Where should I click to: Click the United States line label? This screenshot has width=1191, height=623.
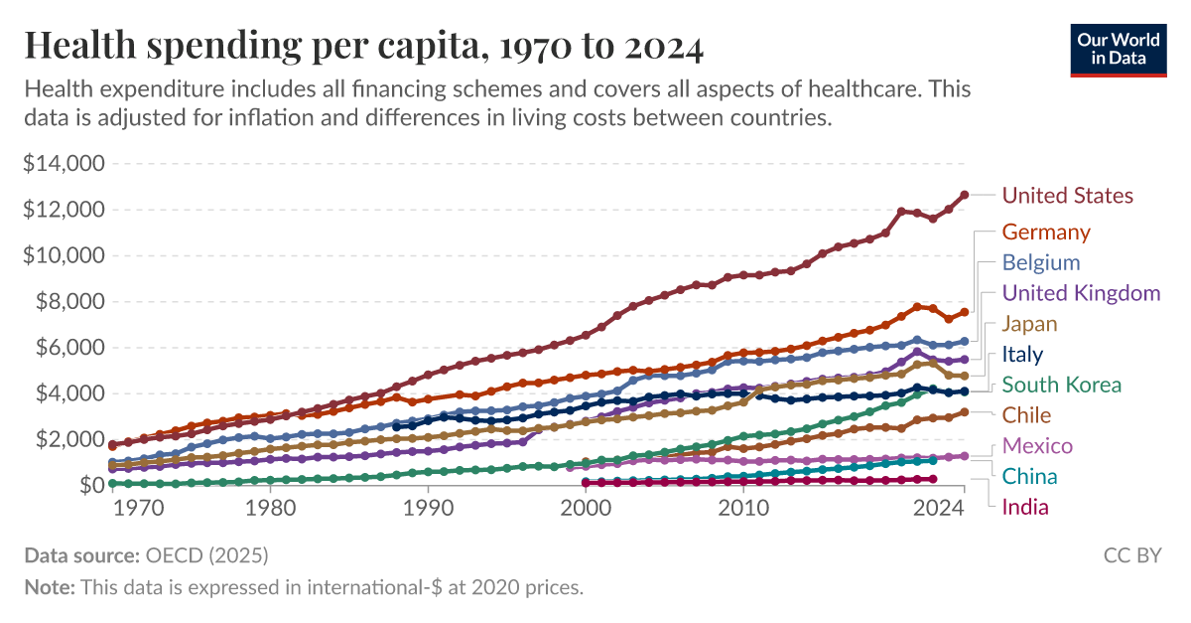(x=1067, y=195)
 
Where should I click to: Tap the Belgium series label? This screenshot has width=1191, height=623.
(x=1041, y=262)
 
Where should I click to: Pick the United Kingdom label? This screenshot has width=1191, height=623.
(x=1081, y=293)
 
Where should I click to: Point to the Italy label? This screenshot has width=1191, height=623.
(x=1022, y=354)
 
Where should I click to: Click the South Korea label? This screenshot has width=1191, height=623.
(x=1062, y=385)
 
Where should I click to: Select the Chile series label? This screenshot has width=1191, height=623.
(x=1026, y=414)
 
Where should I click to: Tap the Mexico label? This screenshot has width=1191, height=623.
(x=1037, y=445)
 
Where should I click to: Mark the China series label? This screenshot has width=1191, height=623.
(x=1029, y=476)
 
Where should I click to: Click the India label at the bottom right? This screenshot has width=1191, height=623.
(x=1025, y=507)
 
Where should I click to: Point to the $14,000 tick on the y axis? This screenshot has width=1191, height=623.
(x=64, y=164)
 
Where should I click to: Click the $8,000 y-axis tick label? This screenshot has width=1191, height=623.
(x=69, y=301)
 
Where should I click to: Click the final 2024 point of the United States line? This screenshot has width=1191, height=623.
(x=965, y=195)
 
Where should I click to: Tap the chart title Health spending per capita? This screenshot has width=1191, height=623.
(x=363, y=47)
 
